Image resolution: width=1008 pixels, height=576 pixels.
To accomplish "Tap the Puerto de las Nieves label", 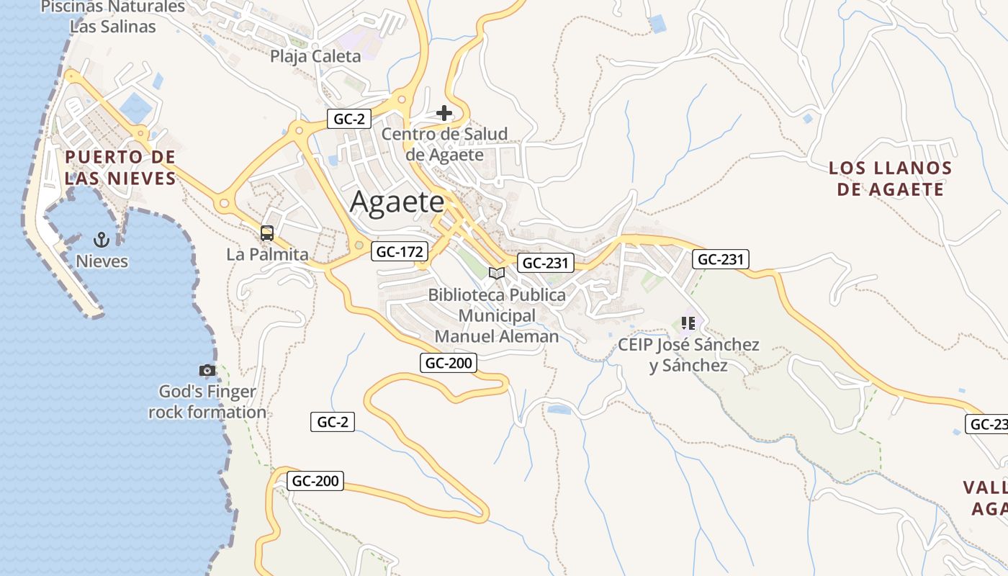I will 120,168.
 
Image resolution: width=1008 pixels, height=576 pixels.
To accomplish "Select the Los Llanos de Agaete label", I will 890,179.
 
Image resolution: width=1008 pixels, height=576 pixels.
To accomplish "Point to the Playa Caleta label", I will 315,56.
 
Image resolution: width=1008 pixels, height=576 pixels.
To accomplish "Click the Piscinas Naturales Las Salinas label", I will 113,17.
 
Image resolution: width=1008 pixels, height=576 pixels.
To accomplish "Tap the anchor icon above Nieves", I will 102,239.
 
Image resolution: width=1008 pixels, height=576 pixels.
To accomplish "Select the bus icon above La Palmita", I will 267,233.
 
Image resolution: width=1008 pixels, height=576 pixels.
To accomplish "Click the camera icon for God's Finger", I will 207,370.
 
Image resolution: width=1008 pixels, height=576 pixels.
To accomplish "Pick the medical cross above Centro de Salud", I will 444,113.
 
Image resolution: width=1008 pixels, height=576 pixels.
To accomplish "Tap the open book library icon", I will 496,273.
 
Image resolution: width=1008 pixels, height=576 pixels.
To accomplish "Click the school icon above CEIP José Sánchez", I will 688,323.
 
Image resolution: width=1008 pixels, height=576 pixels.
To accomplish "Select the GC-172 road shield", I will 400,251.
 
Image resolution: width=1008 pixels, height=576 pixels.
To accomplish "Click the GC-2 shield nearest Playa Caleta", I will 349,119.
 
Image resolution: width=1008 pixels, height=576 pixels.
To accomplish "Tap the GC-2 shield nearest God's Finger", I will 333,422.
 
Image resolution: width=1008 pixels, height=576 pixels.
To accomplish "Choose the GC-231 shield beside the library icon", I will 545,263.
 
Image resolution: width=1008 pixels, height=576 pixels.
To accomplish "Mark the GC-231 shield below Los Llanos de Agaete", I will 721,259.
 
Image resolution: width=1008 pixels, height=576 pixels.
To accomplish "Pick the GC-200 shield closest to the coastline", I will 315,481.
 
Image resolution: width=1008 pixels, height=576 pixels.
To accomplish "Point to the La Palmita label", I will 267,254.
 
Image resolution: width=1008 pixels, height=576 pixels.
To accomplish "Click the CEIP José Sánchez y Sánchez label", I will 688,355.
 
